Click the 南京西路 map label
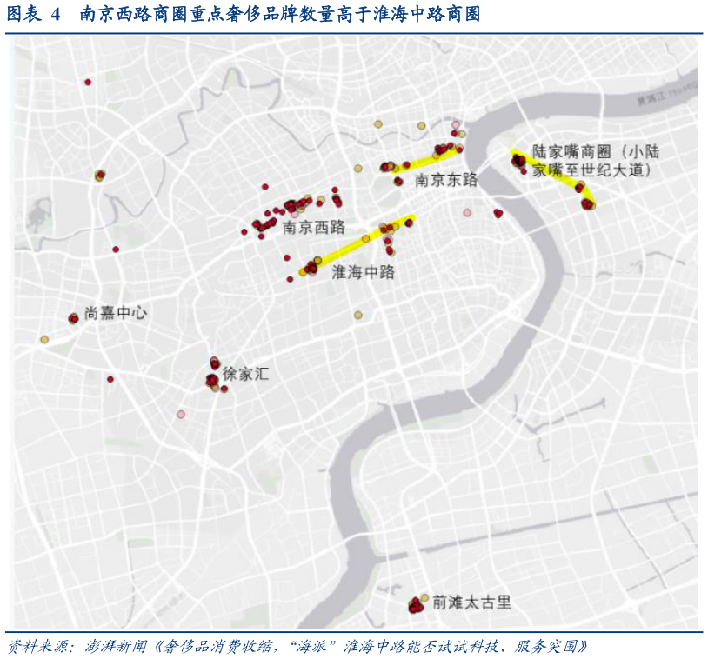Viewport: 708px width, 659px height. click(x=314, y=228)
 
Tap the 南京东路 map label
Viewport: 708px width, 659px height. click(x=446, y=181)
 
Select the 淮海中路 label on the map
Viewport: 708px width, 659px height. click(x=364, y=272)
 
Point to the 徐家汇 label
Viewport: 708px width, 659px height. click(x=246, y=375)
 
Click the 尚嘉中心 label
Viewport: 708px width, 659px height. click(x=116, y=313)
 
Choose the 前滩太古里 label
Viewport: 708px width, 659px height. click(x=471, y=602)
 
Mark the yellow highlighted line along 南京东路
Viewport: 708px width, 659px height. click(x=426, y=157)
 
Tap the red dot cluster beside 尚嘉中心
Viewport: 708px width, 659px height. click(x=73, y=318)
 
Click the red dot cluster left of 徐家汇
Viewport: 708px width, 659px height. click(x=211, y=380)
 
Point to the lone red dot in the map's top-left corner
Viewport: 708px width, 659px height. click(x=88, y=82)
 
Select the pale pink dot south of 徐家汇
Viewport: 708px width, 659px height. click(x=181, y=414)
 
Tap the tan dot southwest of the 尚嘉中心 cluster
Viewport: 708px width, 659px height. click(x=44, y=339)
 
